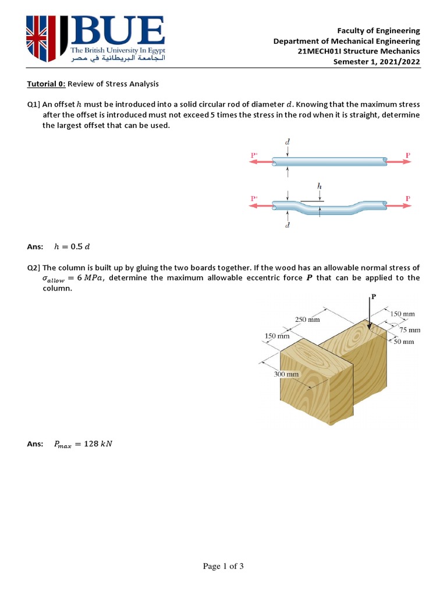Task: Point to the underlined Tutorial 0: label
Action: pyautogui.click(x=47, y=84)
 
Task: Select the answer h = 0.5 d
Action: pyautogui.click(x=72, y=246)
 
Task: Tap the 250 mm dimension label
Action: pyautogui.click(x=307, y=320)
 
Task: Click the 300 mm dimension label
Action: pyautogui.click(x=286, y=374)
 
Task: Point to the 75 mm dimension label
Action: pyautogui.click(x=409, y=329)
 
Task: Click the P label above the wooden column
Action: pyautogui.click(x=374, y=296)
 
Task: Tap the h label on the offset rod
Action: pyautogui.click(x=320, y=186)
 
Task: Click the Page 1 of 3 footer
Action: pyautogui.click(x=223, y=567)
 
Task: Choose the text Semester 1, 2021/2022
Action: pyautogui.click(x=376, y=62)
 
